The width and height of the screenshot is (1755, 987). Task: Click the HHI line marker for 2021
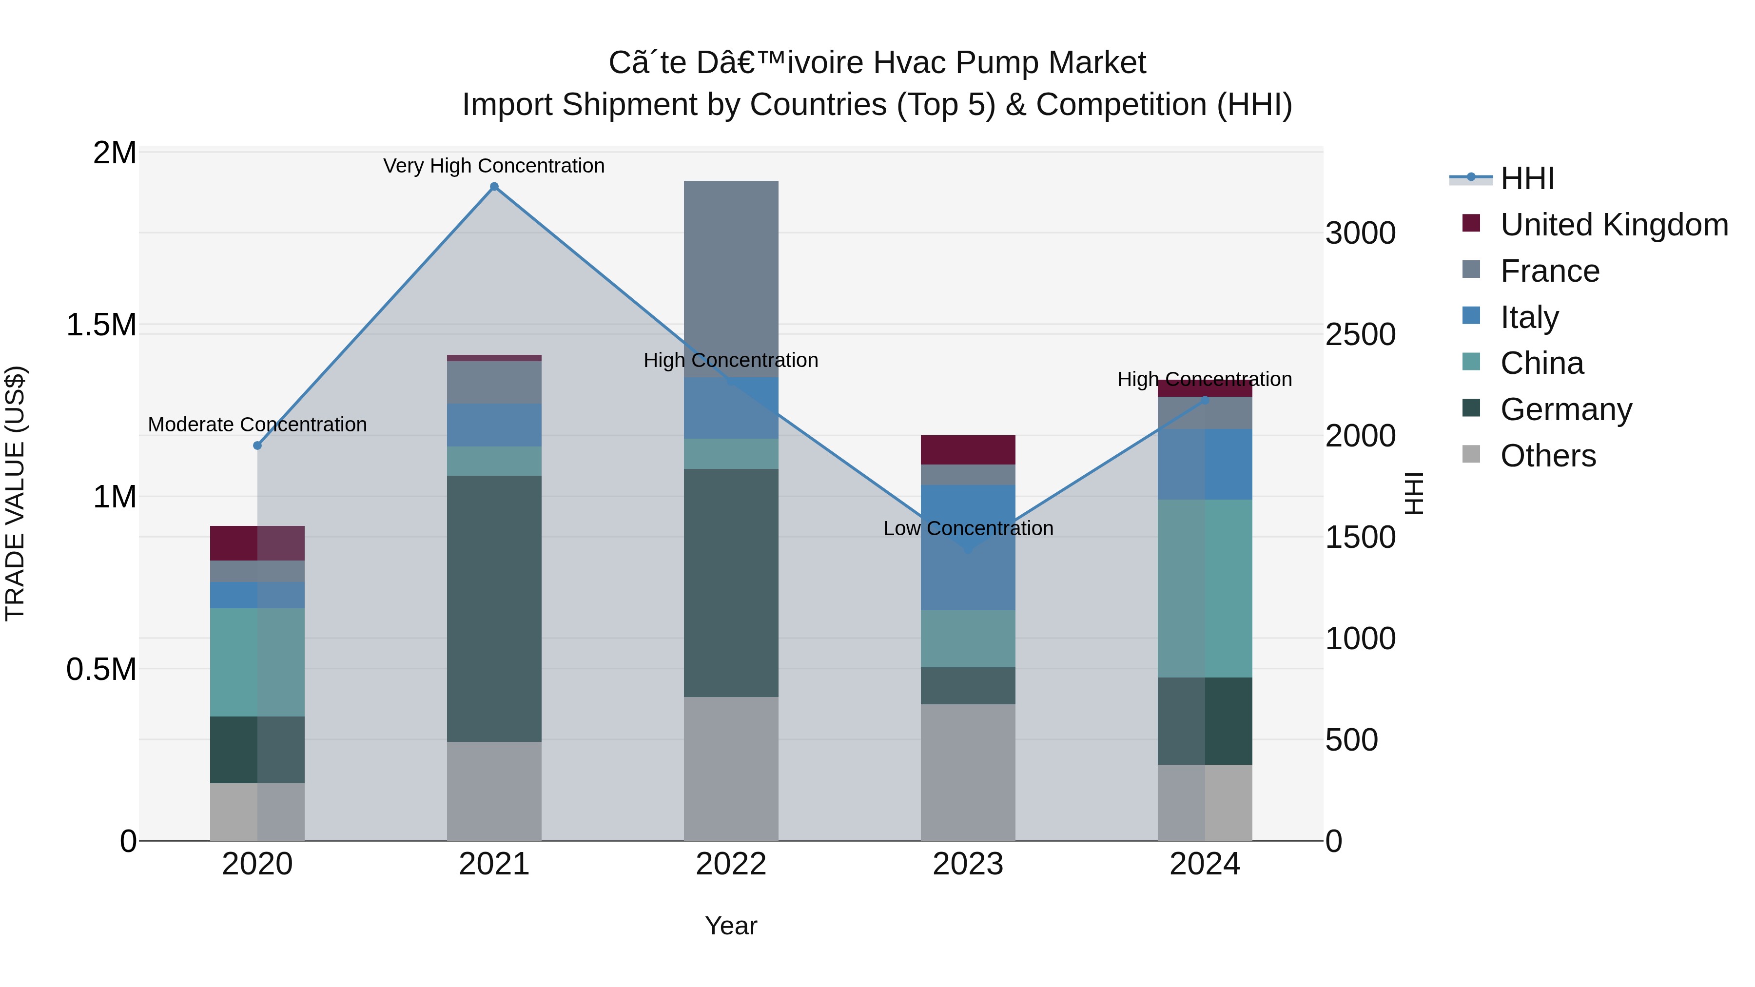pyautogui.click(x=494, y=187)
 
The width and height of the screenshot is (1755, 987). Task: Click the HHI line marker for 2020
pyautogui.click(x=257, y=445)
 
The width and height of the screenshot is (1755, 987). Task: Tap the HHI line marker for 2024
pyautogui.click(x=1205, y=401)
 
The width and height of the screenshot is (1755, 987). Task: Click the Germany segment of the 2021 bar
pyautogui.click(x=494, y=608)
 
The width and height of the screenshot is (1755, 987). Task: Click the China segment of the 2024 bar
pyautogui.click(x=1205, y=588)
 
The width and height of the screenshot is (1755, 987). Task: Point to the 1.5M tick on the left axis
pyautogui.click(x=101, y=325)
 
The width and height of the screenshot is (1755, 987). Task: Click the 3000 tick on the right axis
pyautogui.click(x=1360, y=233)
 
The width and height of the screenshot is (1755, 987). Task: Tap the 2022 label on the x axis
pyautogui.click(x=731, y=864)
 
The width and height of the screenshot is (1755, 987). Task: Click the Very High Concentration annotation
pyautogui.click(x=494, y=166)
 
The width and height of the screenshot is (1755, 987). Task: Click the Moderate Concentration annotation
pyautogui.click(x=257, y=425)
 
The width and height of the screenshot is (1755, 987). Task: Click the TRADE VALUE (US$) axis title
pyautogui.click(x=15, y=493)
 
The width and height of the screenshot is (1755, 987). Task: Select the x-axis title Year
pyautogui.click(x=731, y=926)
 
